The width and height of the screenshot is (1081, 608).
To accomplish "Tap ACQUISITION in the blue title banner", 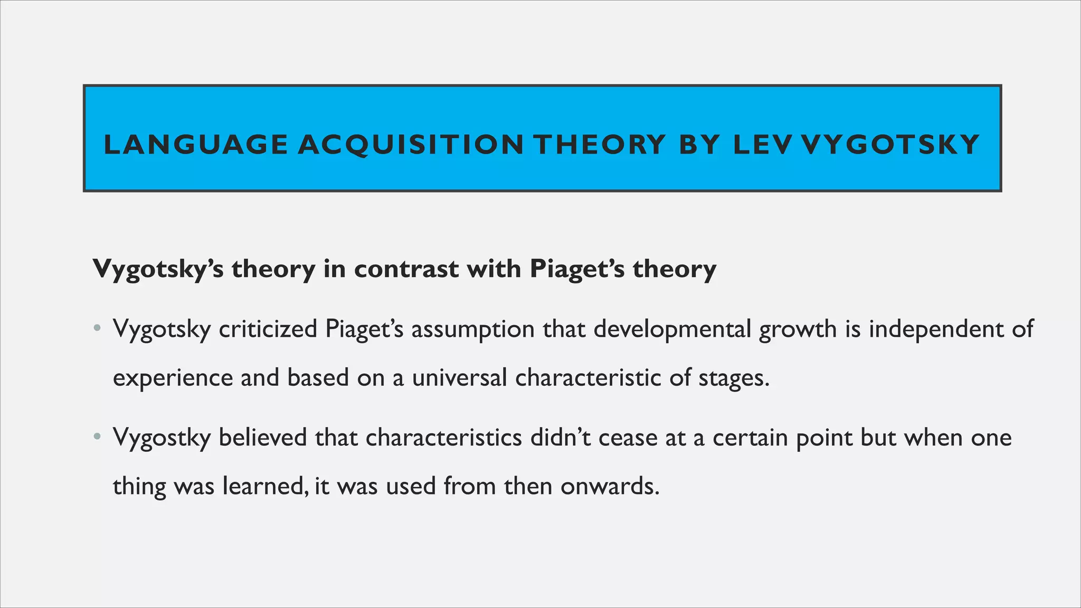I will [411, 145].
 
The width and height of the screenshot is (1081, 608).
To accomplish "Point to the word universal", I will [459, 377].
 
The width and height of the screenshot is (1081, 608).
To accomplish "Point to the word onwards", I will [610, 486].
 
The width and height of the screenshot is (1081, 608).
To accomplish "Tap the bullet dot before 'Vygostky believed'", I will [96, 438].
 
